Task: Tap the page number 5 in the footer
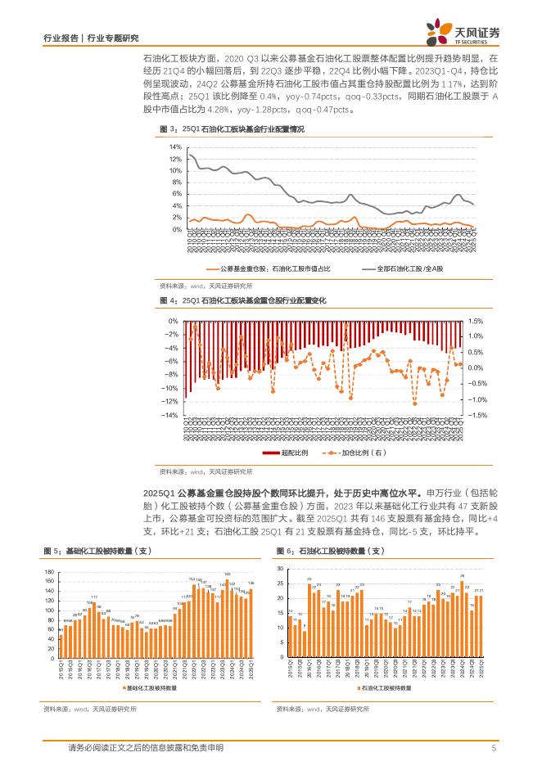(x=494, y=748)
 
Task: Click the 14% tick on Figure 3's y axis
(x=175, y=146)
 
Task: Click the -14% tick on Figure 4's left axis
(x=172, y=415)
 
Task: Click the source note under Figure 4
(x=206, y=472)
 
